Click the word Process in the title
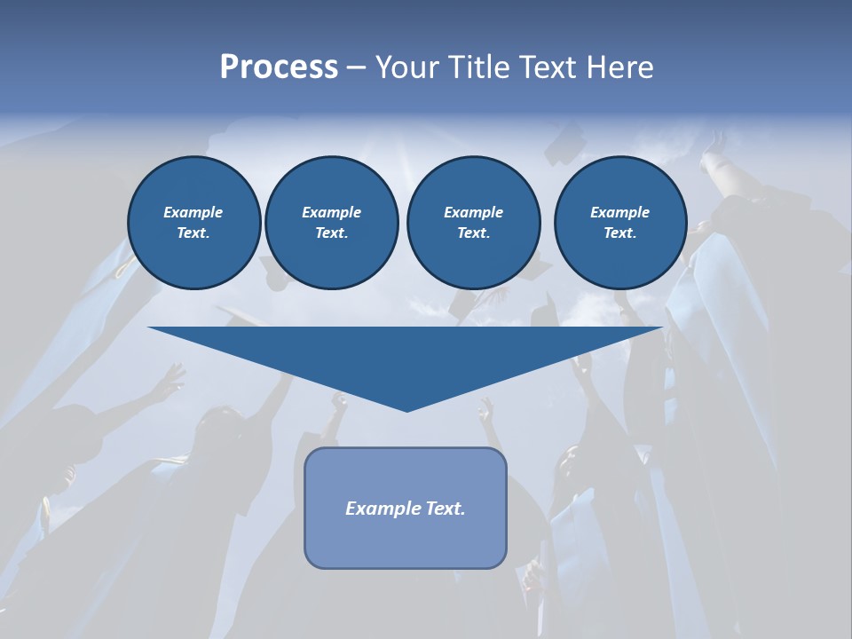(x=279, y=67)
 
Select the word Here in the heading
(x=619, y=67)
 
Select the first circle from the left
(x=193, y=223)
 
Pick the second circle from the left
(x=331, y=223)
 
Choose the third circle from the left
(x=473, y=223)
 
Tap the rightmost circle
(x=619, y=223)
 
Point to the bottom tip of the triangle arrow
(x=406, y=410)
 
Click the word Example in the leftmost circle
(x=193, y=212)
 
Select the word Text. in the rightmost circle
(x=619, y=233)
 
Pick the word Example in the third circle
(x=473, y=212)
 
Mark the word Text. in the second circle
(x=331, y=233)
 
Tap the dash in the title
(x=357, y=68)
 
